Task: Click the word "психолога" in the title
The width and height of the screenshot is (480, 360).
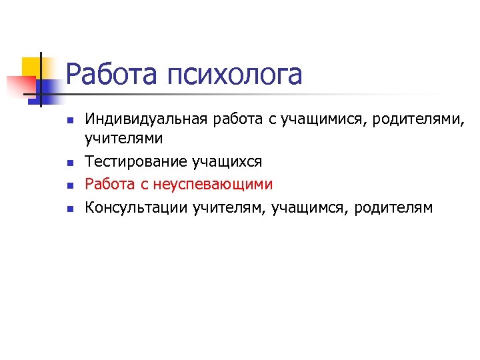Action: pos(235,75)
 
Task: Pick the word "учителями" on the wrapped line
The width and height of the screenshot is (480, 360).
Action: pos(123,139)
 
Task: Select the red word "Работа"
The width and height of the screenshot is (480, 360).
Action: pos(109,184)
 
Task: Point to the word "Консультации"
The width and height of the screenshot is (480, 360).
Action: pos(135,207)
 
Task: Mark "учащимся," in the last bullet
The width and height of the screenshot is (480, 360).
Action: pos(309,208)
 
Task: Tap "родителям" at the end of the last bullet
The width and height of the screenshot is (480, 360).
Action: pos(393,208)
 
